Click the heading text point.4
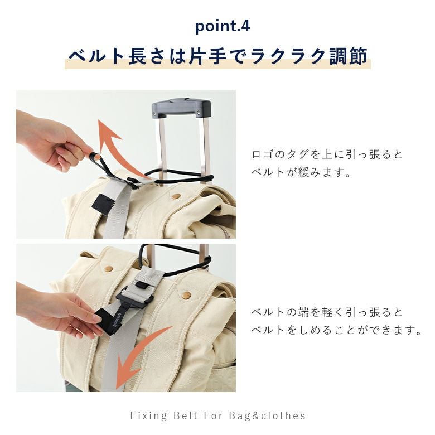tap(223, 27)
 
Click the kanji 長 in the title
tap(137, 56)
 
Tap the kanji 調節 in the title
tap(349, 56)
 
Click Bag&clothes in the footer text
tap(268, 415)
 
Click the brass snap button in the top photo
tap(176, 196)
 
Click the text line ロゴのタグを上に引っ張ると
tap(327, 154)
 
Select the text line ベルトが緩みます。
tap(302, 172)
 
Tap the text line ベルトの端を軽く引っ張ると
tap(327, 312)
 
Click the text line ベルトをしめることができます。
tap(336, 330)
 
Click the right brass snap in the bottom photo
tap(187, 296)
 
